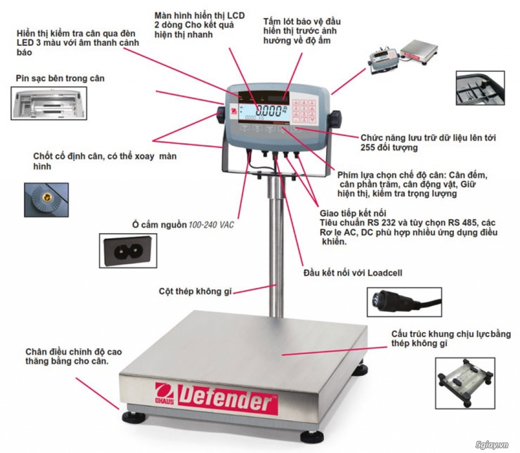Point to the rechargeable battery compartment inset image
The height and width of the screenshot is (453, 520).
[48, 103]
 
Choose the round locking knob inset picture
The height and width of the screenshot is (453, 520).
[46, 200]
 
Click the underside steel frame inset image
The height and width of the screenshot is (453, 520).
[465, 377]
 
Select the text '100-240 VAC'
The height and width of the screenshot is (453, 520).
[211, 225]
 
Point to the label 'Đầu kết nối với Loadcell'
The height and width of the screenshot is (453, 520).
[352, 272]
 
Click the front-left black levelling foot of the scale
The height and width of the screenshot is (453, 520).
[134, 417]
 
